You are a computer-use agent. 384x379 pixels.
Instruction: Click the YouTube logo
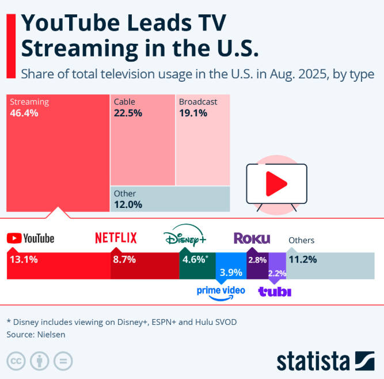point(31,238)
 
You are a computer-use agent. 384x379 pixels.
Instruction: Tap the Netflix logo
point(116,237)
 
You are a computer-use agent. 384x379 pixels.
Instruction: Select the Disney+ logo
point(185,238)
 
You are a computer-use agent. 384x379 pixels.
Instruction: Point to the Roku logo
point(252,238)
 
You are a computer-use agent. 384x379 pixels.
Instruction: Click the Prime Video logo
point(221,292)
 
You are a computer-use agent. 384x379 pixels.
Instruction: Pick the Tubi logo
point(275,291)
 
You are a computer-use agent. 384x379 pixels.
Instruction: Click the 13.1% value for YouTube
point(24,259)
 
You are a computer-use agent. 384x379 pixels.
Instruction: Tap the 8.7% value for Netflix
point(124,259)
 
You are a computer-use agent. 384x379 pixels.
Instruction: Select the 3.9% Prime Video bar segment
point(231,271)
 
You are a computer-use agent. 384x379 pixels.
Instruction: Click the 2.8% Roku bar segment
point(257,260)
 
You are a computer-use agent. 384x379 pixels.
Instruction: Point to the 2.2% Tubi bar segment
point(277,272)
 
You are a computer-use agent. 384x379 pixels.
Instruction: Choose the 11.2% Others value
point(303,259)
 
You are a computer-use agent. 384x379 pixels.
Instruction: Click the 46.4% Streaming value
point(24,113)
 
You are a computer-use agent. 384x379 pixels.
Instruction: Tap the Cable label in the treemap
point(124,102)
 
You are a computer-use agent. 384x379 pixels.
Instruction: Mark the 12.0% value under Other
point(128,204)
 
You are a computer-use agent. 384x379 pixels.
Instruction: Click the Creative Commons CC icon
point(17,361)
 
